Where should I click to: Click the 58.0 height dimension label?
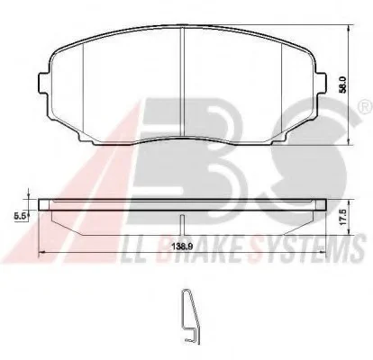point(343,85)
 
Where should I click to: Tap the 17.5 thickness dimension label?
point(344,217)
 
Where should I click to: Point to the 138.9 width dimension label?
point(182,247)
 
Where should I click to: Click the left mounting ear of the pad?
point(43,84)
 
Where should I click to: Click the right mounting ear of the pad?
point(321,84)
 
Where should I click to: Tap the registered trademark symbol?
point(366,106)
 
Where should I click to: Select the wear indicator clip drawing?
point(190,317)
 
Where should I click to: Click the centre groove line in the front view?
point(182,82)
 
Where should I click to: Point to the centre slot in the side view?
point(182,225)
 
